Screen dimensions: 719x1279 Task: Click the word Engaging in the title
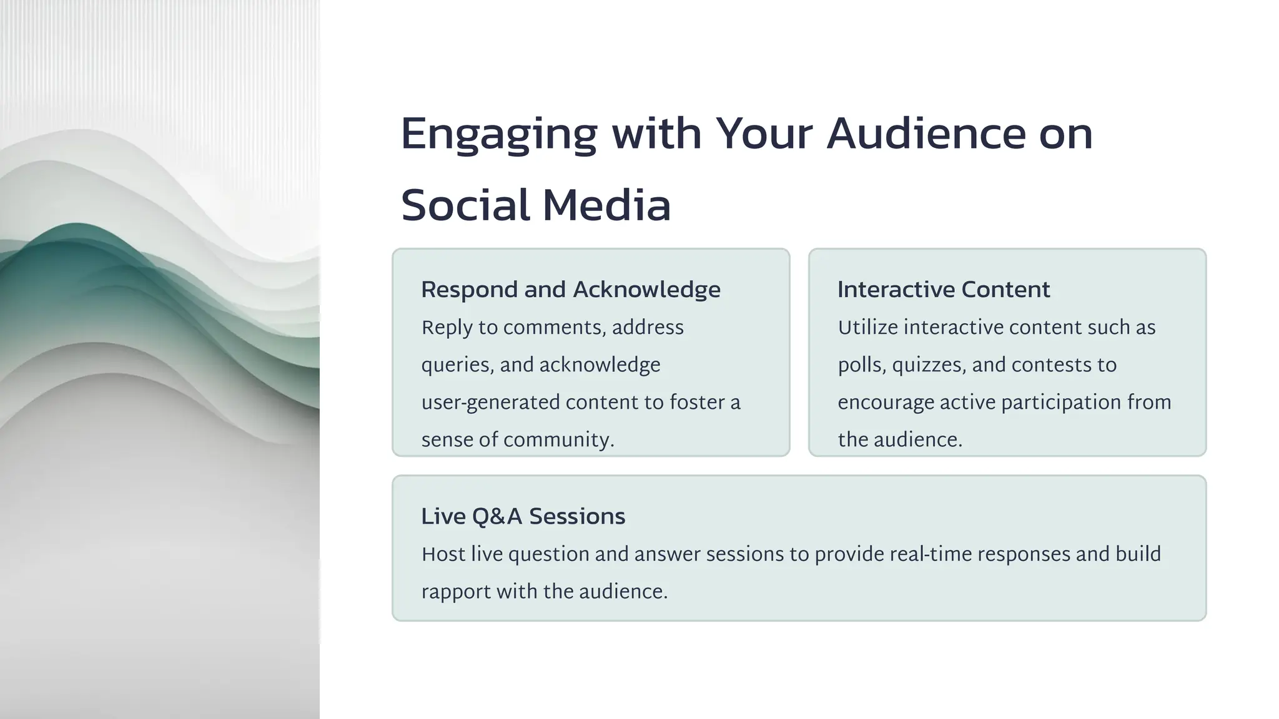(x=498, y=134)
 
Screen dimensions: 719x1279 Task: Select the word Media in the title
(x=606, y=205)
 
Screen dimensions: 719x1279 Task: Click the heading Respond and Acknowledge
(x=570, y=290)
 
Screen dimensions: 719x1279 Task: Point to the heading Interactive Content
(x=943, y=290)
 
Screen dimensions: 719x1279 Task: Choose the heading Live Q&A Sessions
(x=523, y=516)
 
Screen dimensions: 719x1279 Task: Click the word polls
(x=861, y=365)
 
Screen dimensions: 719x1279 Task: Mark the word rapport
(x=455, y=592)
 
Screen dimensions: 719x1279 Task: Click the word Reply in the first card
(x=447, y=328)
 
